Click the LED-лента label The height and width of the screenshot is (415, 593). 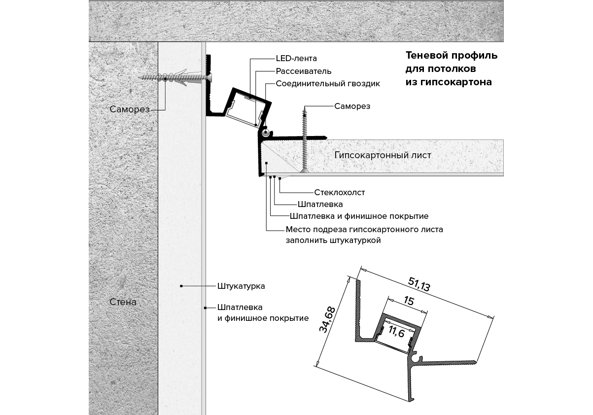point(296,59)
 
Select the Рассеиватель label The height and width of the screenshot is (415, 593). point(303,71)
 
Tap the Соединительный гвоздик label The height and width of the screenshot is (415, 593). point(328,84)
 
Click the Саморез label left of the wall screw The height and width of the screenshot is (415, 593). point(130,109)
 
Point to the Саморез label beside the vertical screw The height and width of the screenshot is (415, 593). point(352,106)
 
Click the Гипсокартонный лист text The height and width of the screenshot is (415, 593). point(383,155)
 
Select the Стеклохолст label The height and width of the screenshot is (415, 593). point(340,192)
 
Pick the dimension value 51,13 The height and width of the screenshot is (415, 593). point(419,284)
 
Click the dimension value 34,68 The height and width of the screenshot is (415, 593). point(327,319)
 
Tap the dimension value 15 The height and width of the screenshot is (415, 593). point(409,301)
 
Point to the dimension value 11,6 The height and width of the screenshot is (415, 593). point(397,331)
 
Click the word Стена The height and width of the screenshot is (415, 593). point(123,302)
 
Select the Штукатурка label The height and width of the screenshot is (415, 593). point(241,286)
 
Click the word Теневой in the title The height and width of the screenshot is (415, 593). point(426,56)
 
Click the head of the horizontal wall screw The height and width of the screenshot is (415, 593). point(209,77)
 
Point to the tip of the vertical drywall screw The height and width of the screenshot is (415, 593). point(305,107)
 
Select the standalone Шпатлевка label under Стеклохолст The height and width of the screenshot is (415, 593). point(320,205)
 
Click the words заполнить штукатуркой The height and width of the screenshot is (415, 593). point(333,241)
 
